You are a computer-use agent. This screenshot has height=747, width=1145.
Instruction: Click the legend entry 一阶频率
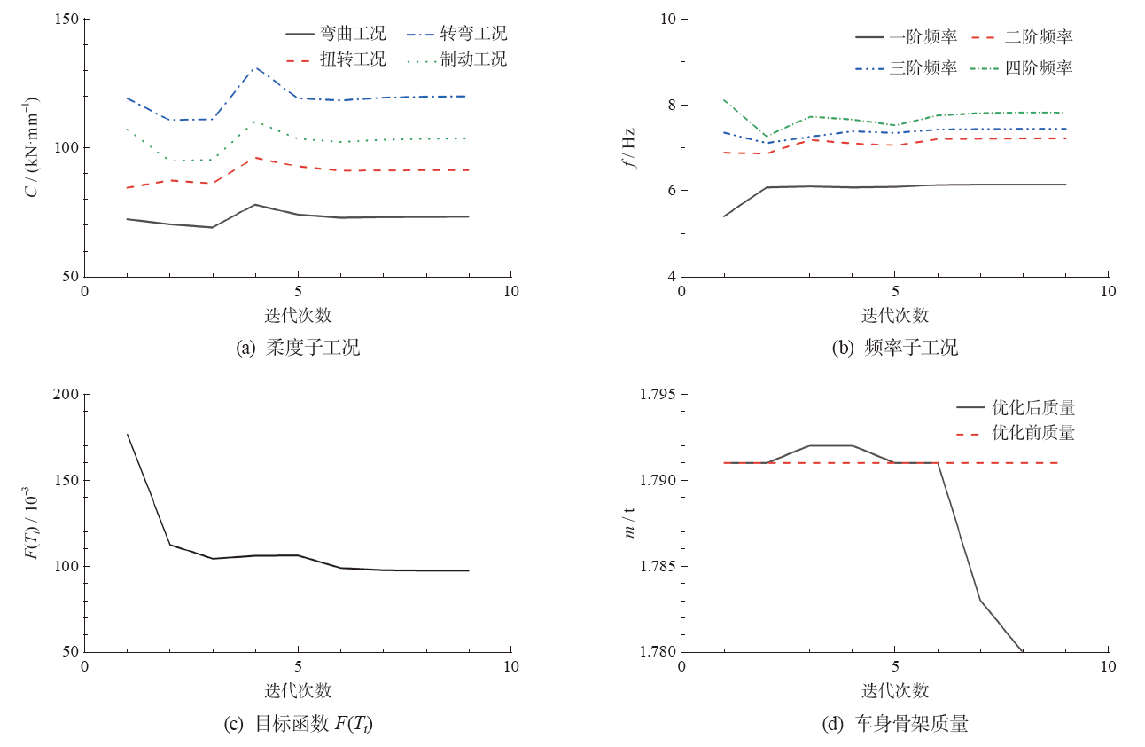pos(923,37)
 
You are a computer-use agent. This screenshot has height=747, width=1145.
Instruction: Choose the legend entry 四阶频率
pos(1039,67)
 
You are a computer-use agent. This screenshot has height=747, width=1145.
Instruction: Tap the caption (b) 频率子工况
pos(895,349)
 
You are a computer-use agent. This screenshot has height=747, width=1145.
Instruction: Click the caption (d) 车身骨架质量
pos(895,725)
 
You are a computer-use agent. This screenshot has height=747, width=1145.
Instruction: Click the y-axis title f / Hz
pos(629,147)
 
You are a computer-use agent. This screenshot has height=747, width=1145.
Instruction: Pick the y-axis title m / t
pos(629,523)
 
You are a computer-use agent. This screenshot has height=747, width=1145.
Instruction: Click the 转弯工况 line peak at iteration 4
pos(255,67)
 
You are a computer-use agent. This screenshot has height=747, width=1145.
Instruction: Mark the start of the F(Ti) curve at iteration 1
pos(128,434)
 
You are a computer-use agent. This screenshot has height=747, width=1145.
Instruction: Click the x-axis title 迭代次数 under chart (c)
pos(298,690)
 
